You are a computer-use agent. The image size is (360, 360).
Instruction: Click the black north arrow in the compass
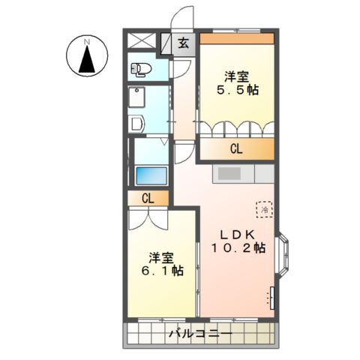87,59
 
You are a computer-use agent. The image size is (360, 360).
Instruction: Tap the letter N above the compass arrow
87,42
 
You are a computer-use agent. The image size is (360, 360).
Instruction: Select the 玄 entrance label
184,43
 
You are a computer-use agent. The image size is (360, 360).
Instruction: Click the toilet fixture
141,70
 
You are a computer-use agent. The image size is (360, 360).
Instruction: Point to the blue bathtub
151,176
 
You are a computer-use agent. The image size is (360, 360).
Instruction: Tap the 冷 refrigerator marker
265,209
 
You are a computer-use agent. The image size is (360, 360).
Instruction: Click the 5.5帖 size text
238,90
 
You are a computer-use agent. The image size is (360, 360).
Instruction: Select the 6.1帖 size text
163,271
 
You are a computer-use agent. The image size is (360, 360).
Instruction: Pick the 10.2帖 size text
238,248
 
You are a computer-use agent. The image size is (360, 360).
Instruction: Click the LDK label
238,235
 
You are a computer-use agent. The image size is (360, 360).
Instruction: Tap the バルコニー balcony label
201,334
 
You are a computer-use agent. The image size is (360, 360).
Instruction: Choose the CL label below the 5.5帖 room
236,149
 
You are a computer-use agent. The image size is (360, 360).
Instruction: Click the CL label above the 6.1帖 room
148,199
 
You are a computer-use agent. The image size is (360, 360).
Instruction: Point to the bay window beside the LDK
282,255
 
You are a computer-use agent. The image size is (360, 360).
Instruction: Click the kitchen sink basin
229,173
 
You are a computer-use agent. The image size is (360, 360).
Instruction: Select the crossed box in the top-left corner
142,40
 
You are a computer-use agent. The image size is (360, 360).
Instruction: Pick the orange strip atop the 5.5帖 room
237,38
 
